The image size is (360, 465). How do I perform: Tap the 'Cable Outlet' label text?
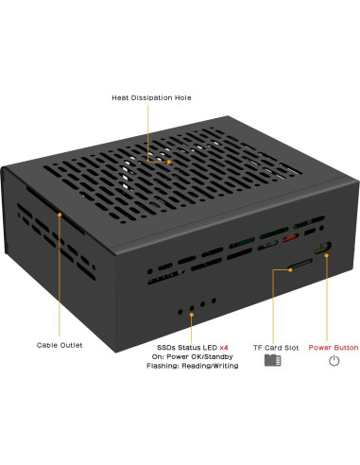click(60, 345)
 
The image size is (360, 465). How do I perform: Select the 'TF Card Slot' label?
click(276, 348)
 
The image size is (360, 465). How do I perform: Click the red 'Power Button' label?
click(334, 348)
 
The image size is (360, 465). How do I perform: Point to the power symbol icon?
click(334, 362)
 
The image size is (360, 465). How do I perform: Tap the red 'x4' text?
click(224, 348)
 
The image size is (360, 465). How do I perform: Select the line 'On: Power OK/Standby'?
click(192, 356)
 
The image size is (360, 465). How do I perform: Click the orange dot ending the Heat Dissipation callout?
click(169, 162)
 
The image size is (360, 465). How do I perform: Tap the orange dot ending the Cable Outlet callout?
click(60, 215)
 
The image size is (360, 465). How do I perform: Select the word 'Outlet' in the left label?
click(71, 345)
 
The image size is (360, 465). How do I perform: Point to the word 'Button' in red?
click(346, 348)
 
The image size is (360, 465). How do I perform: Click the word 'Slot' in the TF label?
click(291, 348)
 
